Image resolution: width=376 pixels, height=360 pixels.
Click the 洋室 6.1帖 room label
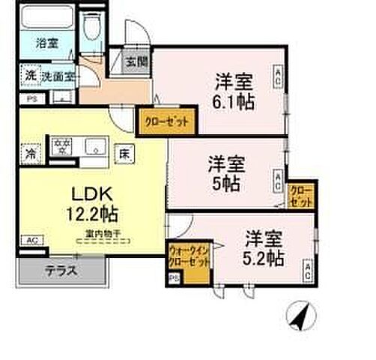pos(234,90)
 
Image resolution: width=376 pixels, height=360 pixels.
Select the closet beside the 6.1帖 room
pos(166,118)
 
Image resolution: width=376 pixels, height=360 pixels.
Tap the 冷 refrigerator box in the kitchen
pos(31,153)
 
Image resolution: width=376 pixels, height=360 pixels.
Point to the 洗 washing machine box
pos(29,76)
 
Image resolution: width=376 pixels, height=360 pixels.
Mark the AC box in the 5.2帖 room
pos(307,270)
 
